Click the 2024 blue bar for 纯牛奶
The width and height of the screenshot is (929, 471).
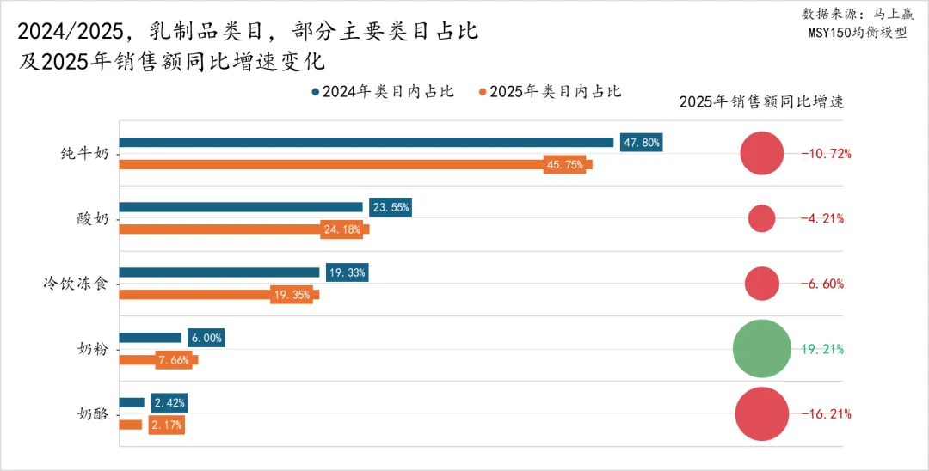[366, 143]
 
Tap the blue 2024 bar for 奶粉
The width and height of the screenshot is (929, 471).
[150, 338]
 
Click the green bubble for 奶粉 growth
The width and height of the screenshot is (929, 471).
[762, 349]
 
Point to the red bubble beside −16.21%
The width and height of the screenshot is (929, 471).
[762, 414]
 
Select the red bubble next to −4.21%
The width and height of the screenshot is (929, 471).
[762, 218]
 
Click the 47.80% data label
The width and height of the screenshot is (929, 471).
[641, 143]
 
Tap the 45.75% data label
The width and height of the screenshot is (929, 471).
[564, 164]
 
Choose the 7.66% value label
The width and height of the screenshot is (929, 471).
[173, 360]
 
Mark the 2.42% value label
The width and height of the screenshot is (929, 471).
[168, 402]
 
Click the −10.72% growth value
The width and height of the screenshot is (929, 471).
[826, 154]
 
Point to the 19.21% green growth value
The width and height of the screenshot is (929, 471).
[823, 349]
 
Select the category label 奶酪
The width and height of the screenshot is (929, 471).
[93, 413]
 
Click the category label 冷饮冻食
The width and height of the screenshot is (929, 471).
[77, 284]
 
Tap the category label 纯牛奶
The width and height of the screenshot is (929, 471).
[85, 154]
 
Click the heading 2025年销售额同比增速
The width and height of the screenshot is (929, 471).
[761, 101]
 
